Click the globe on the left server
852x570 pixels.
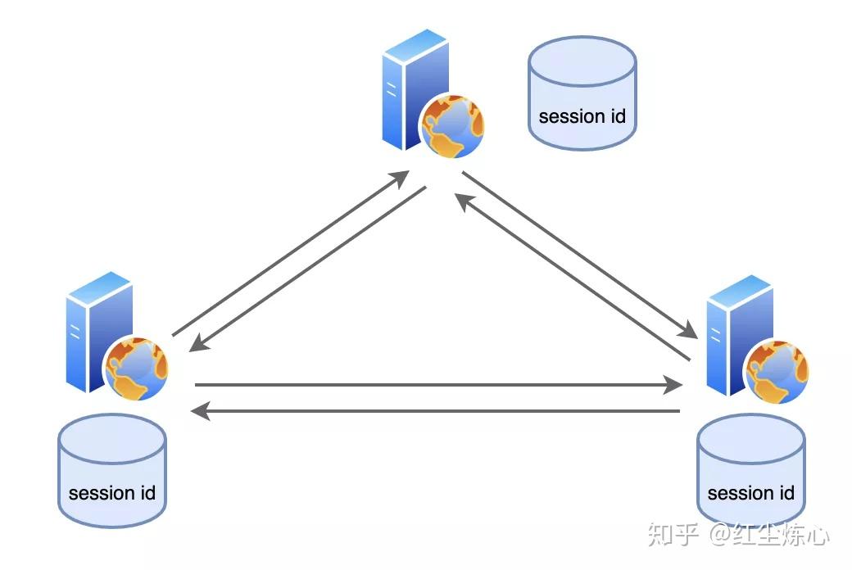tap(136, 367)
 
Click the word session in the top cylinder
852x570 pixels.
tap(571, 116)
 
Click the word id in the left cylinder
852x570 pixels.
tap(146, 493)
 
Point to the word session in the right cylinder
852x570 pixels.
tap(739, 493)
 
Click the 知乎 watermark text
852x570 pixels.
tap(673, 534)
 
